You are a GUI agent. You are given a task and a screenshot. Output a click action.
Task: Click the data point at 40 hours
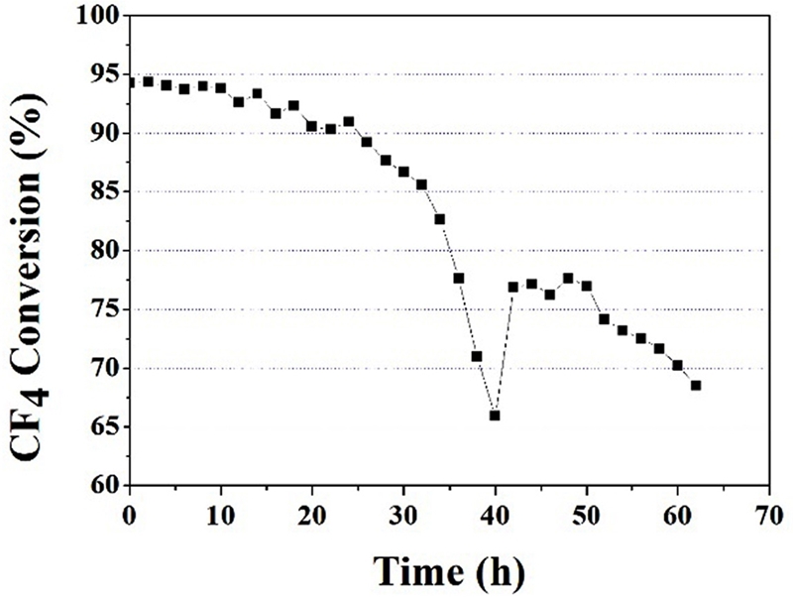coord(495,416)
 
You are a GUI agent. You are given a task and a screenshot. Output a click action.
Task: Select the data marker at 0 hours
coord(130,82)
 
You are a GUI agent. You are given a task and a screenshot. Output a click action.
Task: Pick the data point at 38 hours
coord(477,356)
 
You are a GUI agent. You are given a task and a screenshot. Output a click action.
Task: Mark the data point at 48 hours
coord(568,279)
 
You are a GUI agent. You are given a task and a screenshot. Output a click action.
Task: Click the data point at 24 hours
coord(349,121)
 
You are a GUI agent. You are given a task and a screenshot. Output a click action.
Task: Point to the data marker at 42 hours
coord(513,287)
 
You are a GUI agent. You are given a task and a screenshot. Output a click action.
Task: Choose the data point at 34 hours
coord(440,218)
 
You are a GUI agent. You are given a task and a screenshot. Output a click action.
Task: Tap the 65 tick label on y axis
coord(100,427)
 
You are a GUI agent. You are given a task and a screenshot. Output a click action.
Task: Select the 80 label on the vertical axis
coord(100,252)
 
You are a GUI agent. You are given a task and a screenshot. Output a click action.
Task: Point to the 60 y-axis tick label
coord(100,486)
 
